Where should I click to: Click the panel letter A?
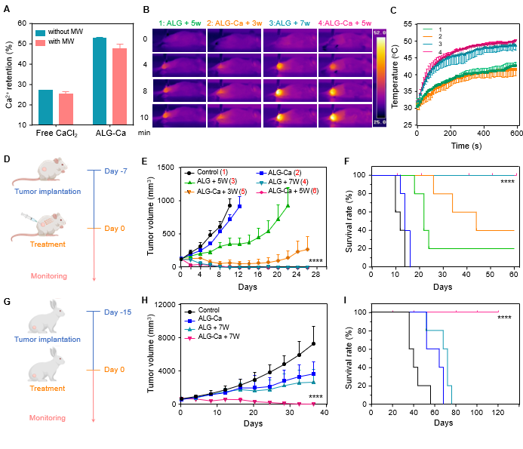7,8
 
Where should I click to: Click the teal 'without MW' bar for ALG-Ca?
99,81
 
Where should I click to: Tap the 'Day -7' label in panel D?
111,170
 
